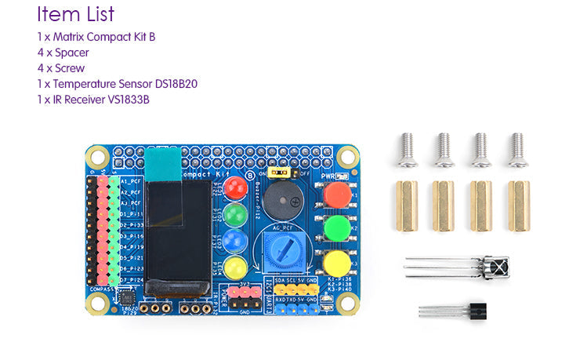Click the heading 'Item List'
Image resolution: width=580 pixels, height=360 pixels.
[x=75, y=14]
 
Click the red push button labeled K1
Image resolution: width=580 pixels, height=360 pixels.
[x=337, y=195]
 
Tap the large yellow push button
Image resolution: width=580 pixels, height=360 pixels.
[x=337, y=262]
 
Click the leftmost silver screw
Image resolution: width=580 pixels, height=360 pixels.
[x=405, y=150]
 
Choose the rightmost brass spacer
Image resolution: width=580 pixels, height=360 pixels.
[x=518, y=205]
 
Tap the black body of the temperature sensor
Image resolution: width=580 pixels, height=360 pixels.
[x=477, y=311]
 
